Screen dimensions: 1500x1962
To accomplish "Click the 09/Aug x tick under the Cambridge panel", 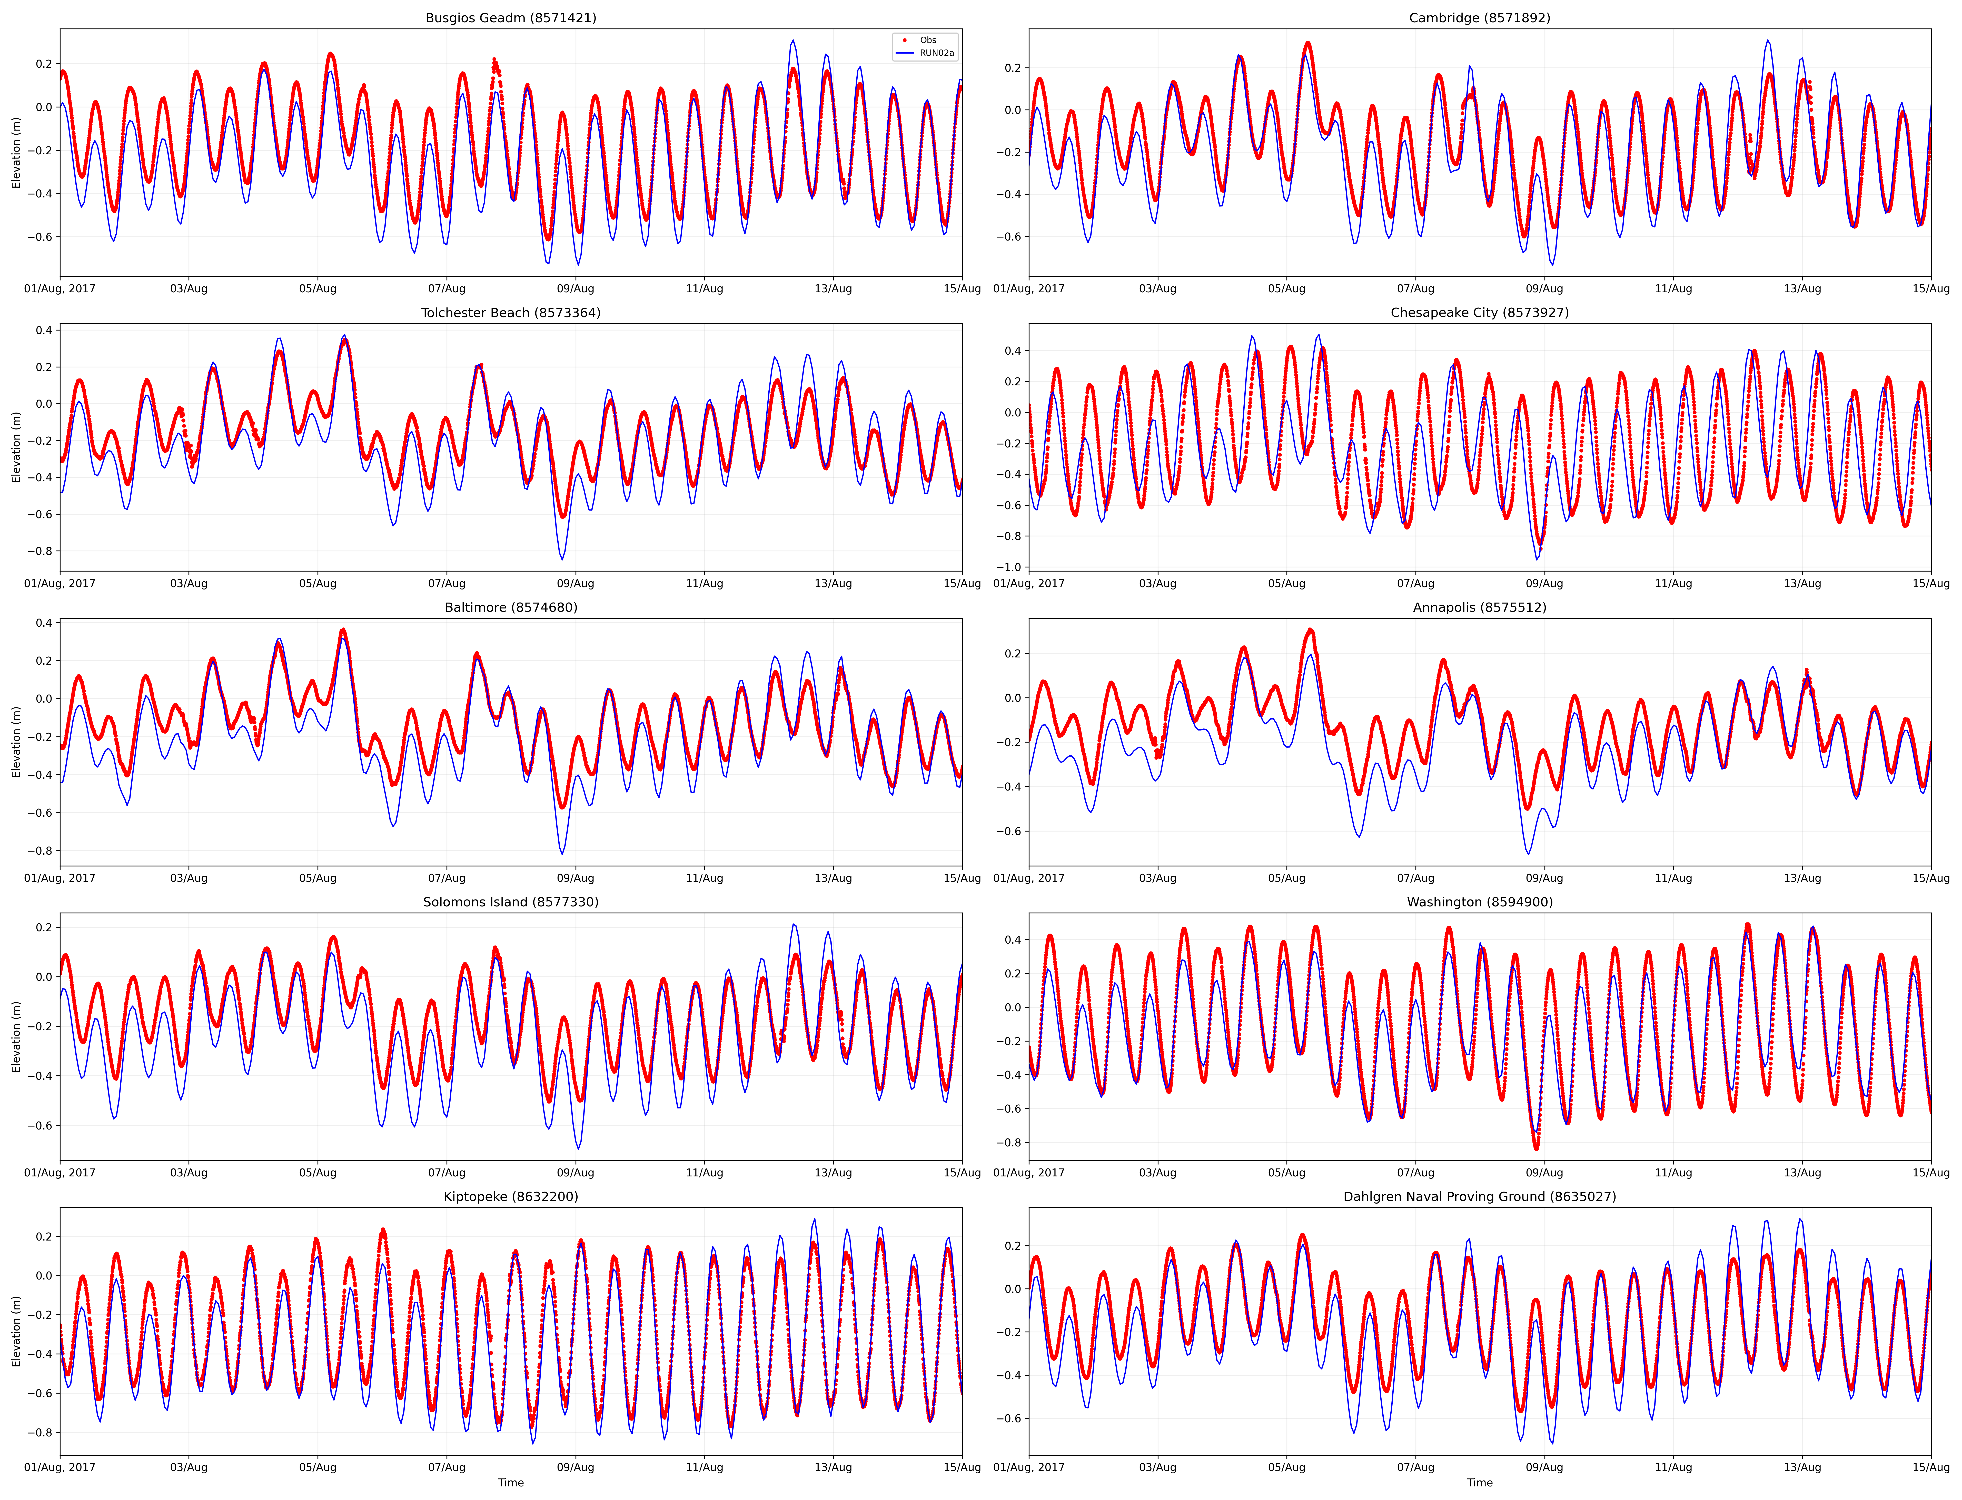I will (x=1544, y=288).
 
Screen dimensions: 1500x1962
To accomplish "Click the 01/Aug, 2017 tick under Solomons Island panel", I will (x=60, y=1172).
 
